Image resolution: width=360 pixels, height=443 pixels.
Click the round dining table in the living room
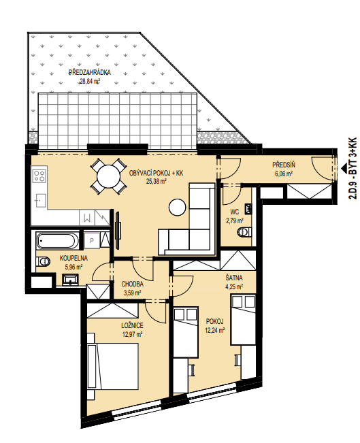[108, 176]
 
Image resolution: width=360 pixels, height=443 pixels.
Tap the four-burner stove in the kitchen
[39, 176]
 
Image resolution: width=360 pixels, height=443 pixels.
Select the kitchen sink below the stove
[40, 201]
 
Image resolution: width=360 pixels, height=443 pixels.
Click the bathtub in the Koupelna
[56, 240]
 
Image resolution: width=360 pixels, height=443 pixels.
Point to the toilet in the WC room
[244, 232]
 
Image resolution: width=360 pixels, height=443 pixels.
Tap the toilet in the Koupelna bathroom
[43, 261]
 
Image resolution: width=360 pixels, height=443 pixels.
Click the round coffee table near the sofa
[178, 208]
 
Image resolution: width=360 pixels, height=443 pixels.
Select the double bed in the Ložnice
[113, 366]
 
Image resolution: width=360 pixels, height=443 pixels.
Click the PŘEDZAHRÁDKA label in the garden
[90, 73]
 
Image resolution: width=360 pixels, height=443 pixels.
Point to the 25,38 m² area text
[156, 182]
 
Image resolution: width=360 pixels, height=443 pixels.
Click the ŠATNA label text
[234, 278]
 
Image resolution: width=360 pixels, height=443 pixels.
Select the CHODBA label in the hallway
[133, 284]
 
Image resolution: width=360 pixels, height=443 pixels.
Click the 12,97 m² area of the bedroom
[132, 335]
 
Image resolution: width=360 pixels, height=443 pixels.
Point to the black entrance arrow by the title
[344, 168]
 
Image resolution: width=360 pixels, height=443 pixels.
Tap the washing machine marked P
[92, 241]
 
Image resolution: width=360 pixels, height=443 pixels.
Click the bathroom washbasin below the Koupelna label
[71, 280]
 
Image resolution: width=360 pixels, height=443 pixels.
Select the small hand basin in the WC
[248, 208]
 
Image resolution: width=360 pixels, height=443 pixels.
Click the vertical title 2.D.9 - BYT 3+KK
[353, 168]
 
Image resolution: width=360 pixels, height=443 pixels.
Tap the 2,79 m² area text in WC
[235, 220]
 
